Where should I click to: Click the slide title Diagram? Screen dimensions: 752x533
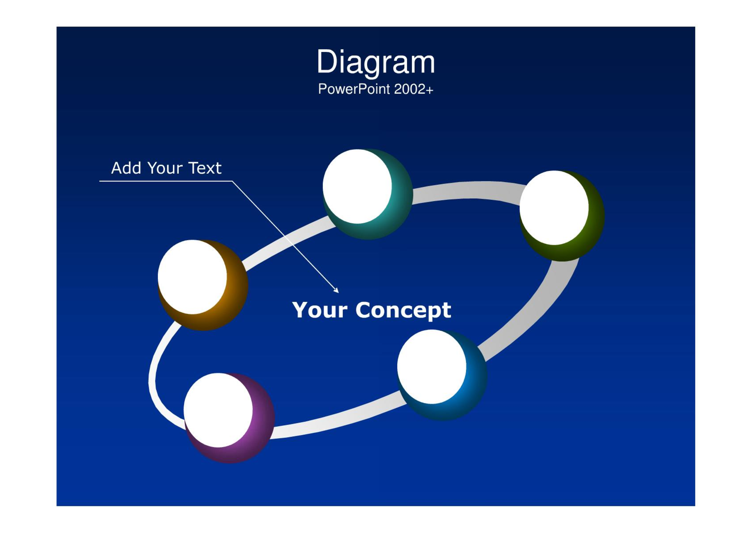pyautogui.click(x=376, y=62)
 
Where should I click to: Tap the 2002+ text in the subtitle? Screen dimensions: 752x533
pyautogui.click(x=413, y=89)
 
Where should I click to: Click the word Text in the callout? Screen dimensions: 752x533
pyautogui.click(x=205, y=168)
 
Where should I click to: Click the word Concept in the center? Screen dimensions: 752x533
pyautogui.click(x=403, y=311)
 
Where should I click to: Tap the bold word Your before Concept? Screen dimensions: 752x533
pyautogui.click(x=320, y=310)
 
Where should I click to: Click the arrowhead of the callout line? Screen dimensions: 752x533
pyautogui.click(x=336, y=290)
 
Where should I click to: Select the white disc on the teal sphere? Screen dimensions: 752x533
pyautogui.click(x=357, y=186)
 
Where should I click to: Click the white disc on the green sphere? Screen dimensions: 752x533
pyautogui.click(x=554, y=208)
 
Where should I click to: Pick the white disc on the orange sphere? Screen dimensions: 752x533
pyautogui.click(x=192, y=277)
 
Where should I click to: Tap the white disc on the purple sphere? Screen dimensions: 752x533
pyautogui.click(x=218, y=410)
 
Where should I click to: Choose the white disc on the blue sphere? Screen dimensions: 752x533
pyautogui.click(x=432, y=367)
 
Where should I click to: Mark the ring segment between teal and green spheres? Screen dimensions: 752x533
pyautogui.click(x=467, y=191)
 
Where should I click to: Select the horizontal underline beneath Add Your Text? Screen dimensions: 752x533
pyautogui.click(x=166, y=181)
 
